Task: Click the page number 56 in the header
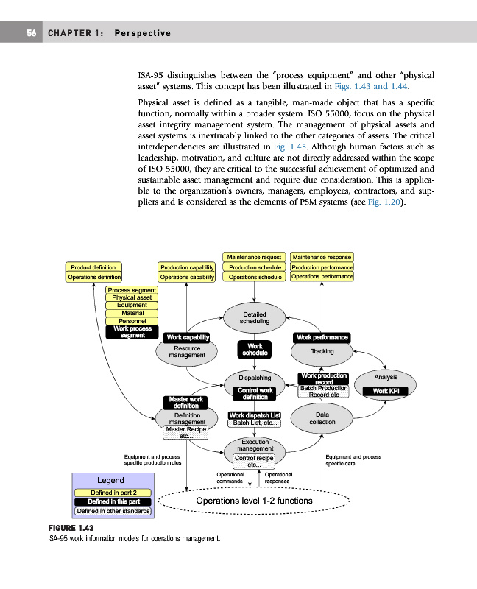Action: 32,33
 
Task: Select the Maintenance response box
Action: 322,257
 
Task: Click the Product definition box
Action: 93,267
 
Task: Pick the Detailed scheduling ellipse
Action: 255,318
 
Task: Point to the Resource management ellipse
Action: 186,352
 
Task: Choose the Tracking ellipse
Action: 322,352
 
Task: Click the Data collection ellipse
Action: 322,419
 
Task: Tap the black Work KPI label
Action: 386,391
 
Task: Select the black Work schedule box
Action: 255,350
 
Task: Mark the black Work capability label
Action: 188,337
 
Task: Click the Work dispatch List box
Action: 255,415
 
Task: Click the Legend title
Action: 110,480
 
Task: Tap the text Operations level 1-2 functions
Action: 254,501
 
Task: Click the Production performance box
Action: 322,267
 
